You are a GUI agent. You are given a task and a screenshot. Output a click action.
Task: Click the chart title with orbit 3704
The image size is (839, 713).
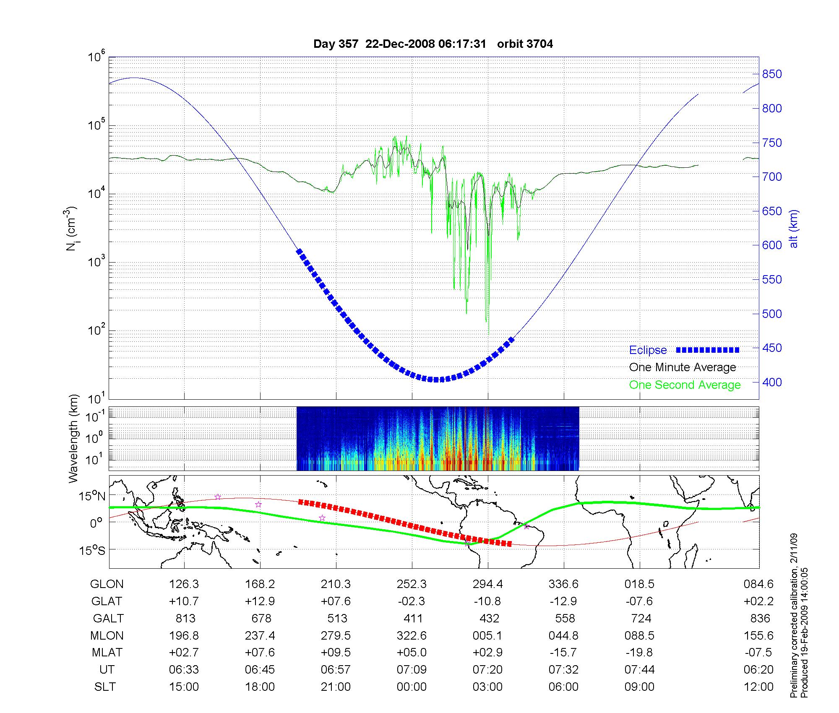pos(433,44)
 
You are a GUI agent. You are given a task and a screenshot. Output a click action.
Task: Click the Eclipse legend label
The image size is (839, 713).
pos(648,350)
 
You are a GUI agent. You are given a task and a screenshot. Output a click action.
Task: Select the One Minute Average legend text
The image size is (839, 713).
pos(683,367)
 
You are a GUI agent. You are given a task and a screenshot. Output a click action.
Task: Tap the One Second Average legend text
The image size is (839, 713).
pos(685,385)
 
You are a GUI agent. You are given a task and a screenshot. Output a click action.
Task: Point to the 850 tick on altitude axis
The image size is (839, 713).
pos(772,74)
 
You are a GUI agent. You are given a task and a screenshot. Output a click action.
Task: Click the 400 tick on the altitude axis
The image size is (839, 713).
pos(772,382)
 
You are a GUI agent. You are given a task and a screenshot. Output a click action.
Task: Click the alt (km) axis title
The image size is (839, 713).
pos(794,229)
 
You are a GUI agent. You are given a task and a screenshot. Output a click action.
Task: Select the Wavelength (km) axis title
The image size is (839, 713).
pos(73,438)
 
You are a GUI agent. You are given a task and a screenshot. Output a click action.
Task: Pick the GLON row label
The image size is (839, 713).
pos(107,584)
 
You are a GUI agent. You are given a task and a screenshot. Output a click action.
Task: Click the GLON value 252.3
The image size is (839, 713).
pos(412,584)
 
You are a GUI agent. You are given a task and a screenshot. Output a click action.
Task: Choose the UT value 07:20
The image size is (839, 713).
pos(487,670)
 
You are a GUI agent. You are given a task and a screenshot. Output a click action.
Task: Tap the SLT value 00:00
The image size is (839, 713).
pos(412,687)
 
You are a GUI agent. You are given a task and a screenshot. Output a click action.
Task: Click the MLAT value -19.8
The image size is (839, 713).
pos(639,653)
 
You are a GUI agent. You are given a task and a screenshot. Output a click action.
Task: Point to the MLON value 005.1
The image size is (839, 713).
pos(487,636)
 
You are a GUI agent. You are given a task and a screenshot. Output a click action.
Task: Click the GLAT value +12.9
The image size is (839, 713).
pos(260,601)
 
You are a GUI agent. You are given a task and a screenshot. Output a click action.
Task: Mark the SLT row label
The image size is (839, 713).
pos(105,687)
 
